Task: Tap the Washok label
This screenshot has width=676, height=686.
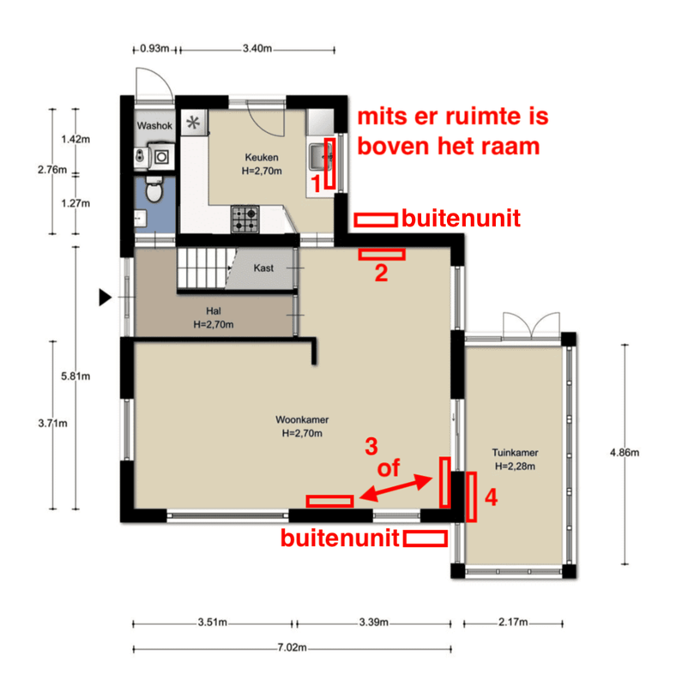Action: click(154, 126)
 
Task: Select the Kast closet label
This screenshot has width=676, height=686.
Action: click(263, 268)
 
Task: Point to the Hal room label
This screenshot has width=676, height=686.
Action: click(214, 310)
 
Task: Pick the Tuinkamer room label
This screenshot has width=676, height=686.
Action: click(515, 453)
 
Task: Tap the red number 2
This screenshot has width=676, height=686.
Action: click(383, 274)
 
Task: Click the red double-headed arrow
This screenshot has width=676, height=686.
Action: click(396, 487)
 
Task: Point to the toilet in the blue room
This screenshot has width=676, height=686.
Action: click(154, 190)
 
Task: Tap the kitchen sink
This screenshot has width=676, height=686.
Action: click(319, 155)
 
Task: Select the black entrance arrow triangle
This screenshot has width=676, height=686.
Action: click(106, 298)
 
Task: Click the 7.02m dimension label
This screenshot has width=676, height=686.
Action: click(293, 649)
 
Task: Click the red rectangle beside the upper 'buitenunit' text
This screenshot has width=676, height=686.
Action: click(375, 220)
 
